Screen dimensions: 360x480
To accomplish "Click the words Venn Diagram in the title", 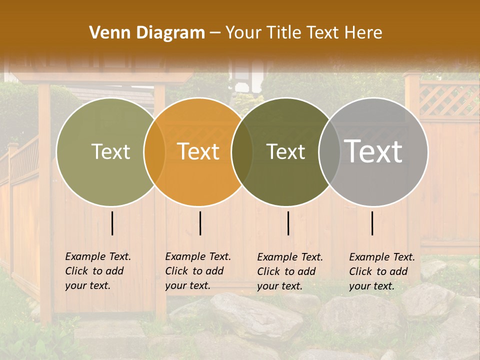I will pos(147,33).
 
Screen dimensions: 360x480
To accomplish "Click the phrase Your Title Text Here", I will pos(303,33).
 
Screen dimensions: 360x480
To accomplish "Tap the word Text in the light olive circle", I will pos(110,151).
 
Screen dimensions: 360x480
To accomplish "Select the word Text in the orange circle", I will pos(198,151).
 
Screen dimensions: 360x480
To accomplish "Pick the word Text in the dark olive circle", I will pos(285,151).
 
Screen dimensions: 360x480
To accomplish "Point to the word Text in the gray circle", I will pos(373,151).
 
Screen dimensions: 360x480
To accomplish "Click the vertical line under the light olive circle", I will pos(112,223).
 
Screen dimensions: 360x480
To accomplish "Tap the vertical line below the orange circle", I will pos(200,223).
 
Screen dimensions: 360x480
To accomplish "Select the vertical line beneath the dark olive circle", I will pos(288,223).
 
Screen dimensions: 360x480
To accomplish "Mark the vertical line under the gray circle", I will pos(372,223).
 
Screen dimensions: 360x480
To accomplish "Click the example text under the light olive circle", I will pos(98,271).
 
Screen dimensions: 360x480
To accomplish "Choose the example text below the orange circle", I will pos(198,271).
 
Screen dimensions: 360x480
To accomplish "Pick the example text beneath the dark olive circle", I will pos(290,271).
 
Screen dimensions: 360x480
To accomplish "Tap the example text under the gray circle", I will pos(382,271).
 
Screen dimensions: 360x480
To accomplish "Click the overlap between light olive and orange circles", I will pos(154,151).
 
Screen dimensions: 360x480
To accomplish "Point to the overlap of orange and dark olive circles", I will pos(242,151).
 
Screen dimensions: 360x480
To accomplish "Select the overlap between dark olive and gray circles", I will pos(329,151).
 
